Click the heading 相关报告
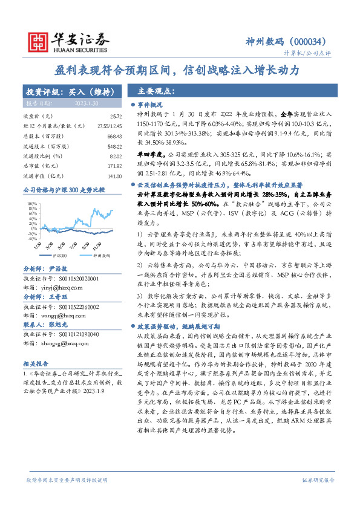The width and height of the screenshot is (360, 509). pos(37,365)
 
